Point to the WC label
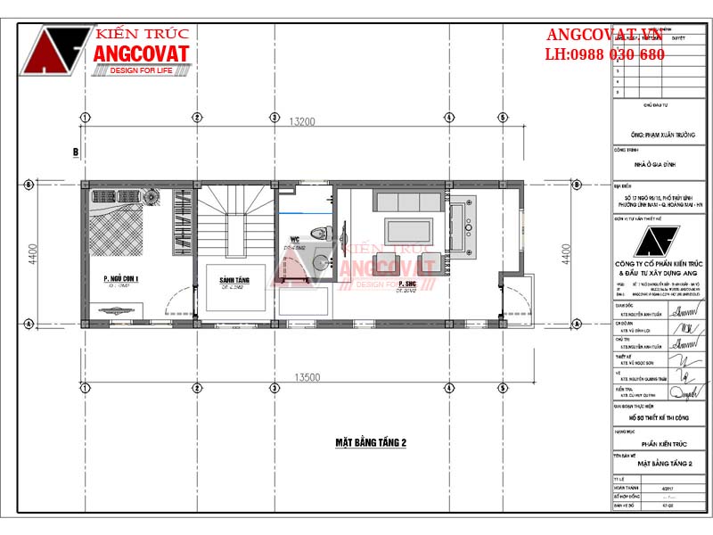(x=293, y=239)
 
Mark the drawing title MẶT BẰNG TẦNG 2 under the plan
(x=370, y=442)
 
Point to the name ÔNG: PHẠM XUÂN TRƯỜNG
(x=660, y=136)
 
